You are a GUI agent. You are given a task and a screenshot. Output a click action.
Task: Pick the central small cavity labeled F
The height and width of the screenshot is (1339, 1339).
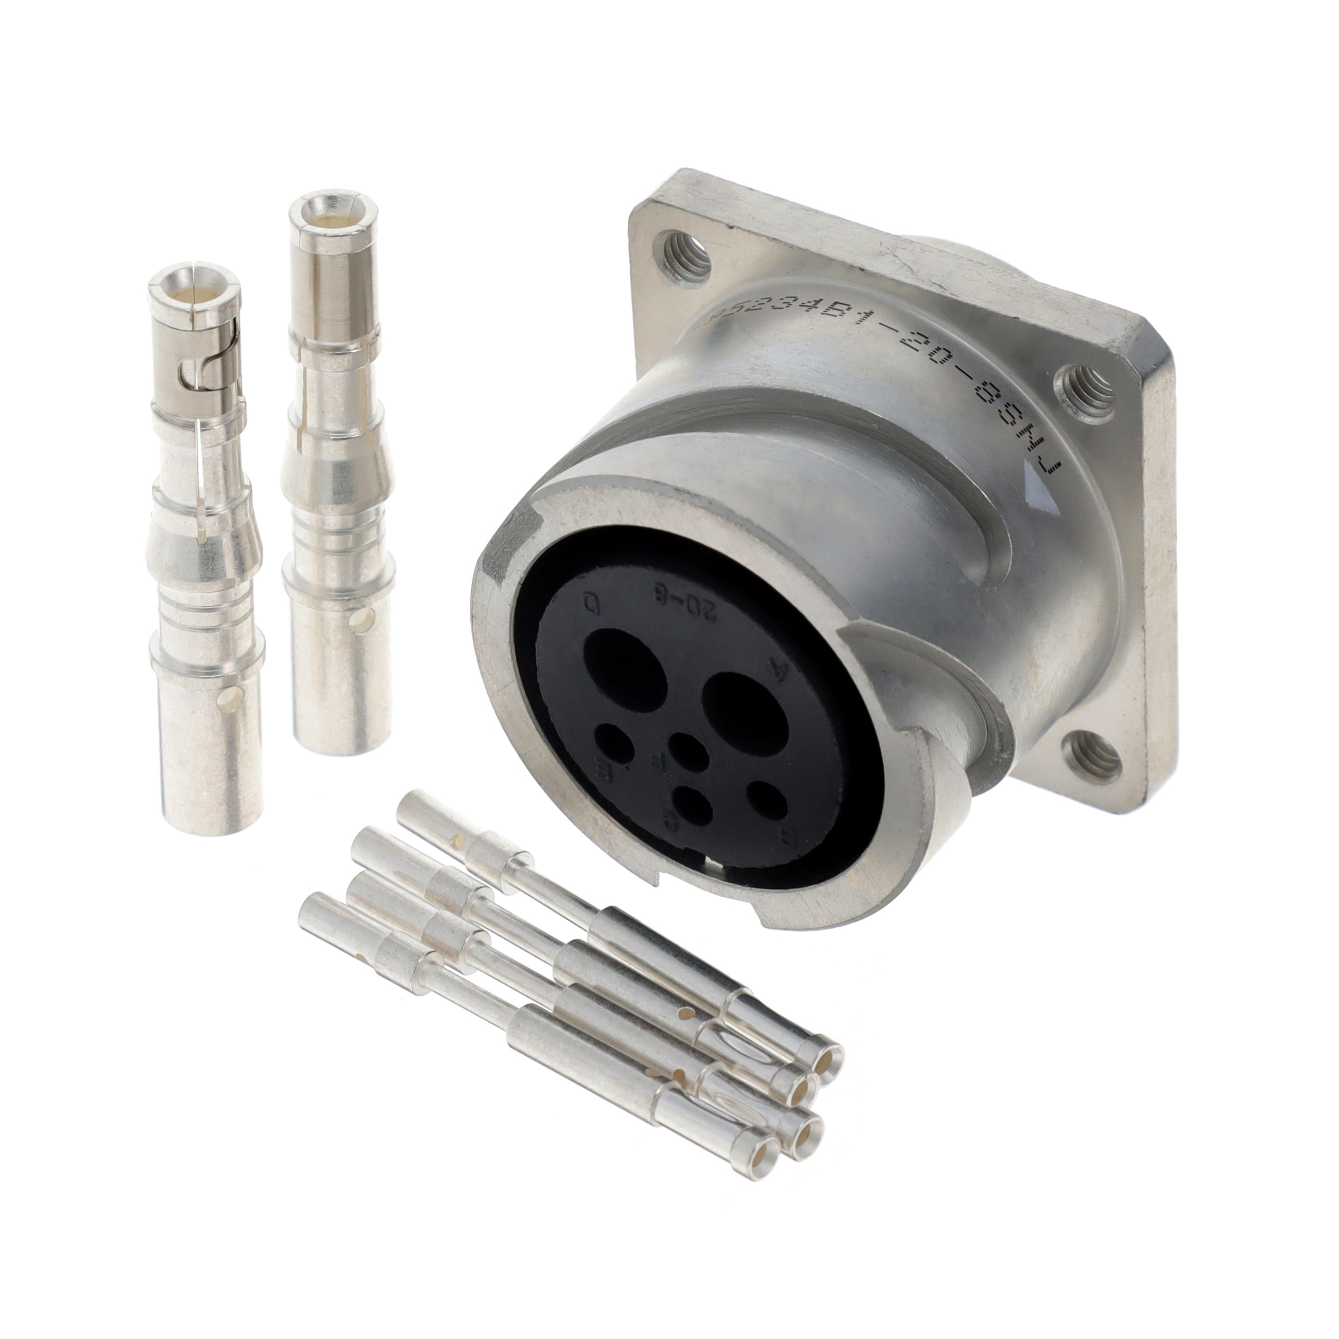[x=688, y=750]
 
